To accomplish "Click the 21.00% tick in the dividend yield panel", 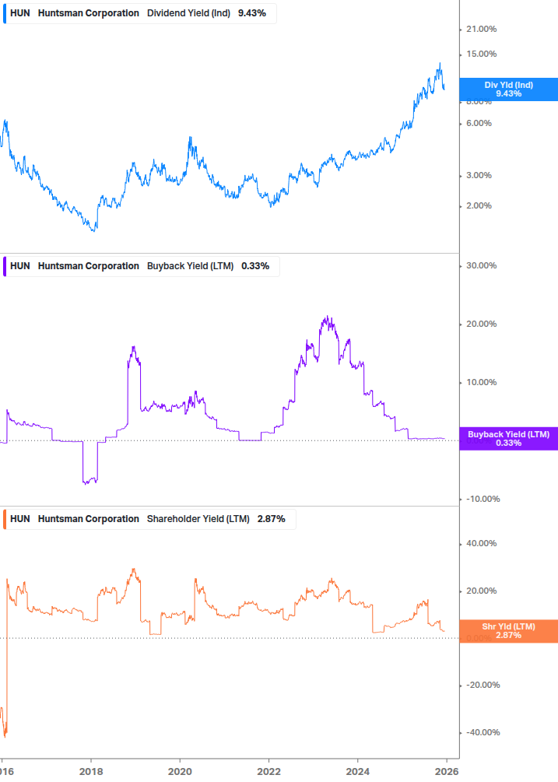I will [480, 30].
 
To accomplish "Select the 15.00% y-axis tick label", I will [480, 54].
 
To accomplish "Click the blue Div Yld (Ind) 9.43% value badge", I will [508, 89].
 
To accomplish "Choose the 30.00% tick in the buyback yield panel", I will [480, 266].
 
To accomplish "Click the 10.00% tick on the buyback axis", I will [480, 383].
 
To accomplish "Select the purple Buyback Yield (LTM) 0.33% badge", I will [508, 438].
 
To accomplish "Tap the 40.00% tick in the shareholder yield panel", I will [480, 544].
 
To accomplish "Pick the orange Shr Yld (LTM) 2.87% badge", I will [508, 631].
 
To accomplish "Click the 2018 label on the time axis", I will [91, 770].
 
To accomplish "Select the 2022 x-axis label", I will [268, 770].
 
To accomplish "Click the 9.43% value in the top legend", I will [251, 13].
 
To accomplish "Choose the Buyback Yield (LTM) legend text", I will [190, 266].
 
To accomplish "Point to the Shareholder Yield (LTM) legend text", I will [198, 519].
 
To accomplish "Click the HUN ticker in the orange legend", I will [20, 519].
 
